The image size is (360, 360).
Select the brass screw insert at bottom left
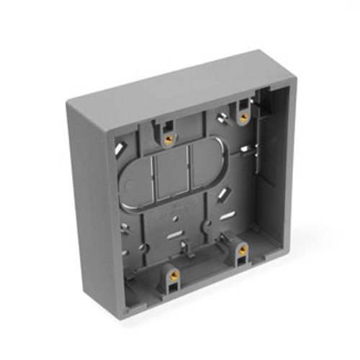pyautogui.click(x=172, y=274)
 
